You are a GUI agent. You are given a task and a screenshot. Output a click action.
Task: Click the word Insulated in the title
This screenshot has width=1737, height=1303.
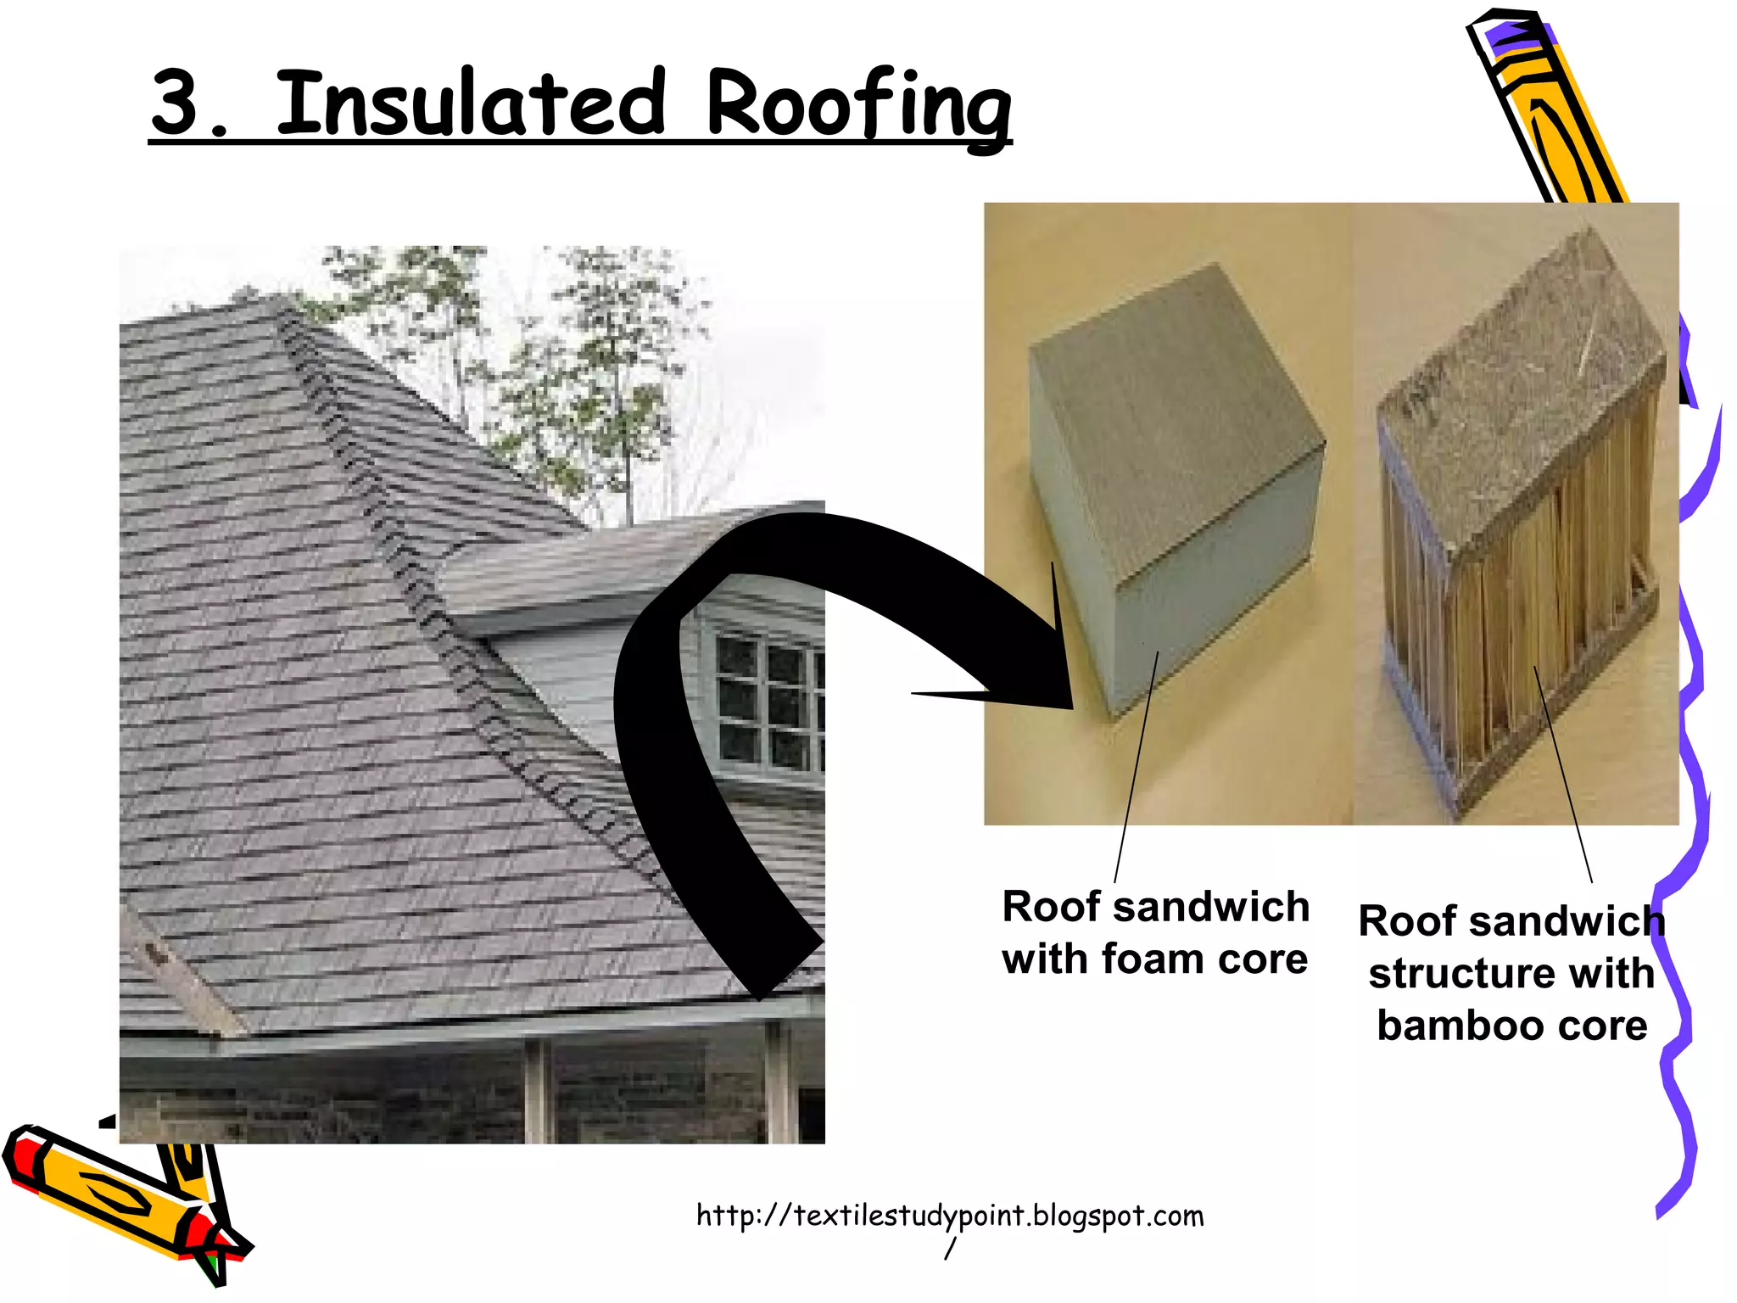click(x=471, y=103)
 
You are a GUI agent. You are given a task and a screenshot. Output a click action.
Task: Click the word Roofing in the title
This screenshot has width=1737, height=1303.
click(x=858, y=107)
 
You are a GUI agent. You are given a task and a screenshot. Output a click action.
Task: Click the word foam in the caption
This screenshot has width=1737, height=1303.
click(x=1153, y=959)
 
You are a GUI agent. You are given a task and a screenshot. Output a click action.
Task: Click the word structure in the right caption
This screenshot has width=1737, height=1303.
click(x=1452, y=973)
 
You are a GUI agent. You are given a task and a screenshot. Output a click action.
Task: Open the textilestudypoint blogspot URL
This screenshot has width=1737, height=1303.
click(x=949, y=1216)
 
